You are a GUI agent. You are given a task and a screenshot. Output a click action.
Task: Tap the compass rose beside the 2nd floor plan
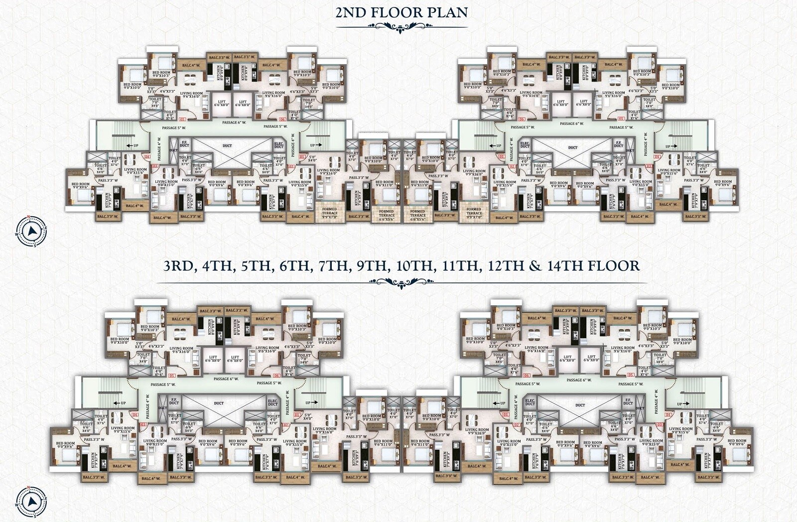click(x=31, y=231)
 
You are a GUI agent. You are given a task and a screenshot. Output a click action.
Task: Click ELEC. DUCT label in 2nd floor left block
click(x=278, y=145)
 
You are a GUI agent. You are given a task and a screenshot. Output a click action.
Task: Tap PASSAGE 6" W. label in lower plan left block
click(x=226, y=379)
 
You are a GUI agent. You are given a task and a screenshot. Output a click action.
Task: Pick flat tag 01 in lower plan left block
click(x=298, y=414)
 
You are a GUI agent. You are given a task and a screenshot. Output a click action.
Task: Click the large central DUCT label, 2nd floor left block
click(x=227, y=146)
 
